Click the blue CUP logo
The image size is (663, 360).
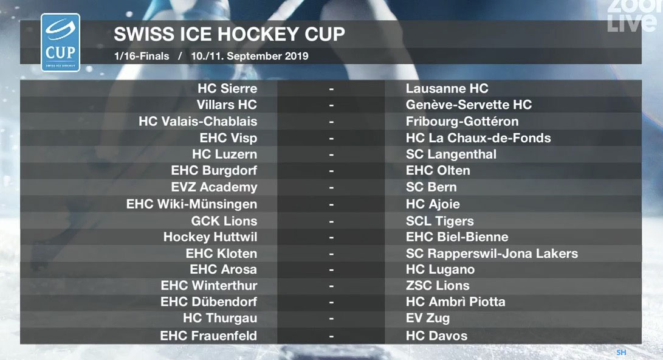point(60,43)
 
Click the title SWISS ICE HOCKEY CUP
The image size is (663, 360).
point(229,34)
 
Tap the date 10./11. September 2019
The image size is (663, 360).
point(250,57)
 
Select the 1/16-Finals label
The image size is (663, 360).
point(141,57)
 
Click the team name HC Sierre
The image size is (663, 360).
point(227,88)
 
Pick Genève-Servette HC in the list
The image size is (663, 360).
point(469,105)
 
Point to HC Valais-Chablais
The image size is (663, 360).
point(198,122)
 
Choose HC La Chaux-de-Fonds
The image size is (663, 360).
point(478,138)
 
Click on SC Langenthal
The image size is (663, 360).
point(451,154)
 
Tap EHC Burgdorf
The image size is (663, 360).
point(214,170)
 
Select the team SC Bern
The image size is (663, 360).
point(431,187)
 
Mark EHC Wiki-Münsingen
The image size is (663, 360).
point(191,204)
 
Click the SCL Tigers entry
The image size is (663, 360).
point(440,221)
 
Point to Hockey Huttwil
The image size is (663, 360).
point(210,237)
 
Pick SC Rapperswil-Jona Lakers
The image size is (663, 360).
point(492,254)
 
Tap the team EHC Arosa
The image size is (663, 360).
point(223,269)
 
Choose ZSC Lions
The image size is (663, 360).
point(438,286)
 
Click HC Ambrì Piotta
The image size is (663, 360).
point(455,302)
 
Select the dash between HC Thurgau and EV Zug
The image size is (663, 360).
point(332,319)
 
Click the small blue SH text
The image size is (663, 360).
point(621,352)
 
